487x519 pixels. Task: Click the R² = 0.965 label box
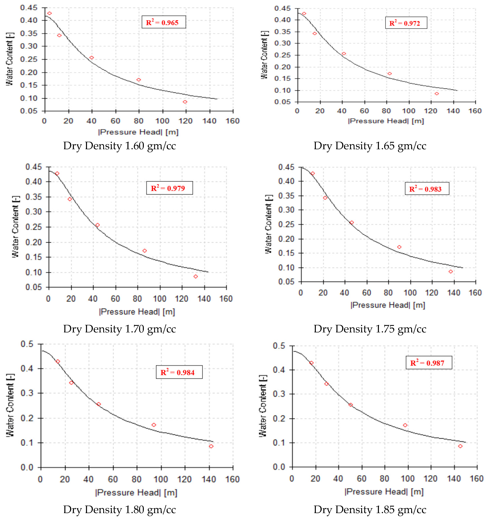pyautogui.click(x=164, y=22)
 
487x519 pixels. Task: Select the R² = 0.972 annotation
pyautogui.click(x=406, y=23)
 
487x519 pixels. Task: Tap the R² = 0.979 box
pyautogui.click(x=169, y=188)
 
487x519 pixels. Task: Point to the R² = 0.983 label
pyautogui.click(x=427, y=189)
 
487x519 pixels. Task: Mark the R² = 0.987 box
pyautogui.click(x=429, y=363)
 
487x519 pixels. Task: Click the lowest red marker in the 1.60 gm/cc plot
pyautogui.click(x=185, y=102)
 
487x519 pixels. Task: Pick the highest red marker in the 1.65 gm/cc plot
pyautogui.click(x=304, y=14)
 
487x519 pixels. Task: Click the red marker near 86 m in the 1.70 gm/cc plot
pyautogui.click(x=145, y=251)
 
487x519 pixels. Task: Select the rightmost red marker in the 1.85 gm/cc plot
pyautogui.click(x=460, y=446)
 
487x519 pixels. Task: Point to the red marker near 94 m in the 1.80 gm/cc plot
pyautogui.click(x=154, y=425)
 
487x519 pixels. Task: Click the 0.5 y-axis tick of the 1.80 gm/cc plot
pyautogui.click(x=27, y=344)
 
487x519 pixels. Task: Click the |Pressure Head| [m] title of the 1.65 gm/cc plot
pyautogui.click(x=386, y=121)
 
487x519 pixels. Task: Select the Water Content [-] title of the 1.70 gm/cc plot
pyautogui.click(x=15, y=227)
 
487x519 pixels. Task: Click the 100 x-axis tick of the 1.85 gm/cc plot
pyautogui.click(x=407, y=479)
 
